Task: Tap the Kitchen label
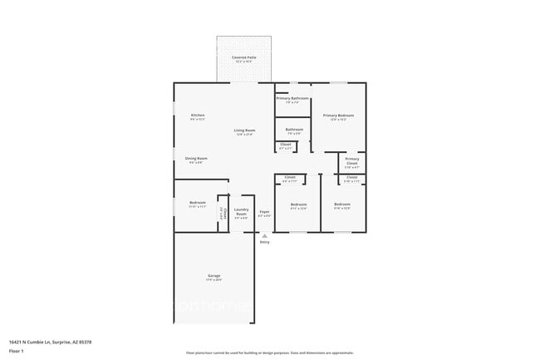tap(198, 115)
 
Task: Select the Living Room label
tap(244, 131)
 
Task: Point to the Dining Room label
tap(196, 158)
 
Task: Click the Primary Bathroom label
tap(292, 99)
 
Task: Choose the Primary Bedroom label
tap(338, 115)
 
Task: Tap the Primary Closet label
tap(352, 160)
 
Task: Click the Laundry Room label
tap(242, 211)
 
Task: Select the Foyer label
tap(264, 211)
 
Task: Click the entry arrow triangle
tap(264, 235)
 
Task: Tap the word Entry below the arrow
tap(264, 242)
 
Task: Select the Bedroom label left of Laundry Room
tap(197, 203)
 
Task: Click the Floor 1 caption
tap(16, 351)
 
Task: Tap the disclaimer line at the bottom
tap(270, 353)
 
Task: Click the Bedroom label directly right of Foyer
tap(298, 205)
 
